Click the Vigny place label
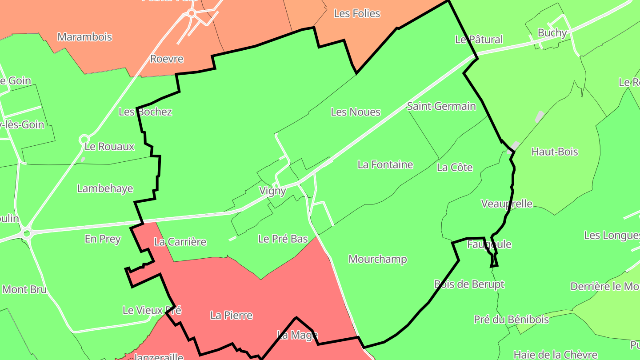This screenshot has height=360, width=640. coord(272,191)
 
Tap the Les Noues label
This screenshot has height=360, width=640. coord(356,112)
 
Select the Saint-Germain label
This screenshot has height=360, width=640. coord(441,106)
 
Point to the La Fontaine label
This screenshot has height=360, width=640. coord(385,165)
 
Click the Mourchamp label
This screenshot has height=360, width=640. coord(377,259)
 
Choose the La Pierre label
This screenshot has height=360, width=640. coord(231,316)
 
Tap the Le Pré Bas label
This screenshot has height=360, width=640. coord(283,239)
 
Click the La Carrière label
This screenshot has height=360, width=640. coord(180,242)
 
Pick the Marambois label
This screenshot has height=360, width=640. coord(84,37)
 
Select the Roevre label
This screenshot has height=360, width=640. coord(167,59)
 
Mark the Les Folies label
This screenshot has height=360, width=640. coord(357,14)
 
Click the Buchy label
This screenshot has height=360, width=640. coord(552,33)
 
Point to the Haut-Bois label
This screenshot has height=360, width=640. coord(555,152)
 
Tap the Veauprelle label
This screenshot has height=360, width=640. coord(507,204)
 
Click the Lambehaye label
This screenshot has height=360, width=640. coord(105,188)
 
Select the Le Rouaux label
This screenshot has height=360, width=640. coord(109,147)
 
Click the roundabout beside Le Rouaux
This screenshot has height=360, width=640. coord(84,140)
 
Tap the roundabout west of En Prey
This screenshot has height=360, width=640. coord(27,232)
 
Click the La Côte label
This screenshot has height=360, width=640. coord(455,168)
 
